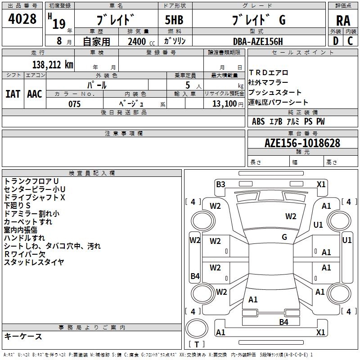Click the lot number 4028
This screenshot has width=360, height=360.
[23, 20]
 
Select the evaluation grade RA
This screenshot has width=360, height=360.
[343, 21]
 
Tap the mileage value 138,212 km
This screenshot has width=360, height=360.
[53, 64]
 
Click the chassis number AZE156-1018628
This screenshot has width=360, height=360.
[302, 143]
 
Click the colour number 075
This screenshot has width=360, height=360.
[74, 104]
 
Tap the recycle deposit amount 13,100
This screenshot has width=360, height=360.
[224, 104]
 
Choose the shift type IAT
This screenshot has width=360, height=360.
[13, 94]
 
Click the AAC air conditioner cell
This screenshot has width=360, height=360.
[34, 94]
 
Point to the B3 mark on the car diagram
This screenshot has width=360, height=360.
[220, 184]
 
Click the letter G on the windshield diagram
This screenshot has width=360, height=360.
[284, 237]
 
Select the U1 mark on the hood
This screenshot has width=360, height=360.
[318, 225]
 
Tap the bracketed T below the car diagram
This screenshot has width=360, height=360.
[197, 344]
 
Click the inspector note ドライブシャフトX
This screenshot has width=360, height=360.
[35, 197]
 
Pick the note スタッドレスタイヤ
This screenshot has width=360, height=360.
[34, 262]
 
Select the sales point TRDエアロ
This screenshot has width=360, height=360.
[268, 73]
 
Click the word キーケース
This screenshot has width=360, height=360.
[23, 336]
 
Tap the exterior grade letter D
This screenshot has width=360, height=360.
[335, 41]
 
